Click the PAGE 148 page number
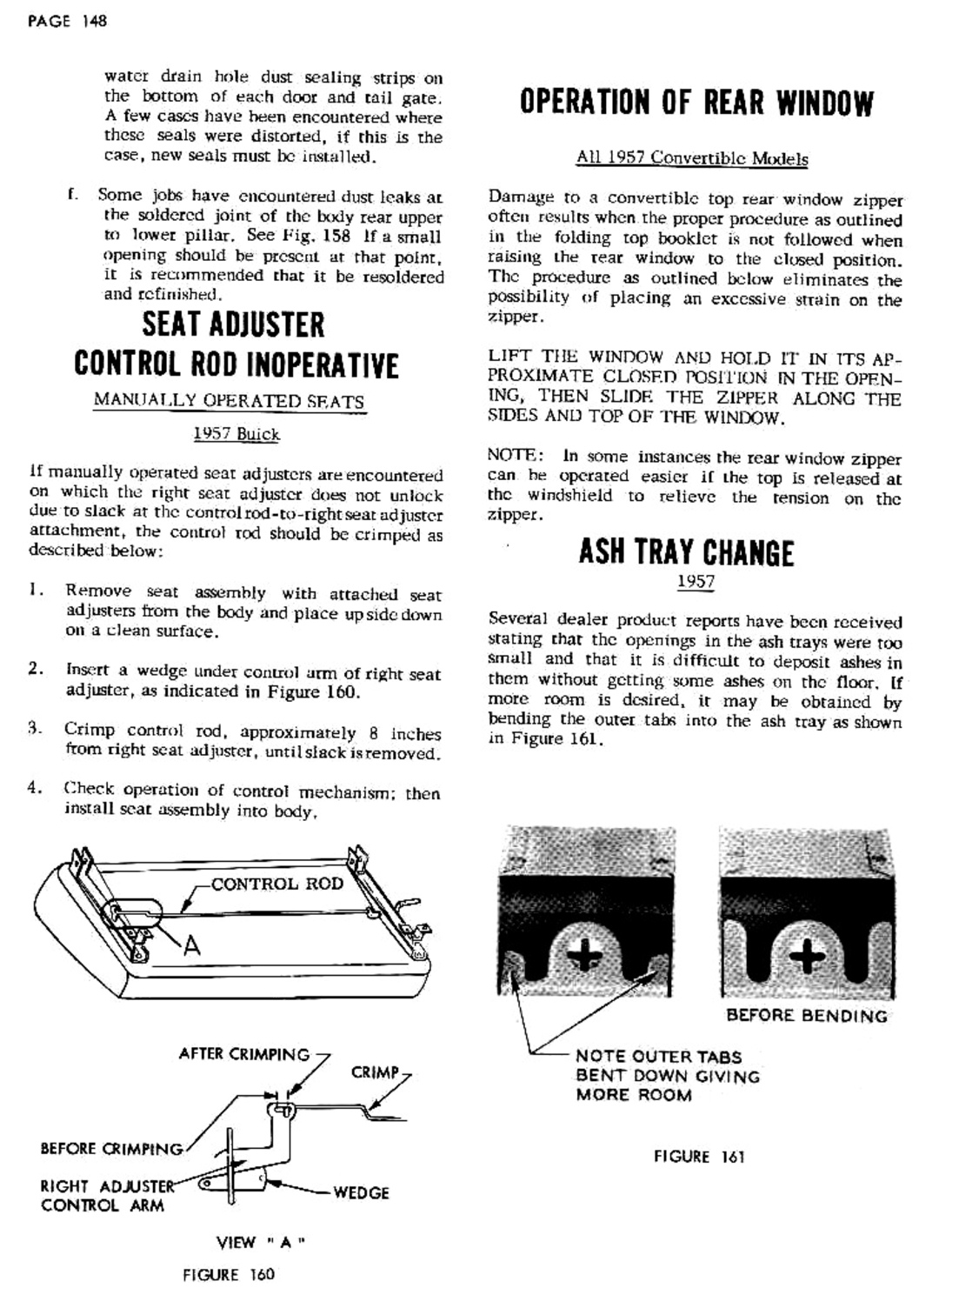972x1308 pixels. (x=67, y=21)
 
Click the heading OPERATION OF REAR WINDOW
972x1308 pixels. (x=696, y=103)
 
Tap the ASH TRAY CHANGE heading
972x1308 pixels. (x=686, y=552)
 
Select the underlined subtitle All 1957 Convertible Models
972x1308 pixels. (x=692, y=158)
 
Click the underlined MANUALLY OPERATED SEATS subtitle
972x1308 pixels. (x=230, y=401)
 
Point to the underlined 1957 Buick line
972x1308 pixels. (x=236, y=433)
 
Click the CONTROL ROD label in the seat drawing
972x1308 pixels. (x=277, y=884)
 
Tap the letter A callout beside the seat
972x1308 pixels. (x=191, y=945)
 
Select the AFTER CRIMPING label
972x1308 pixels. (x=243, y=1054)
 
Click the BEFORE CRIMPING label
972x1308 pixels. (x=111, y=1148)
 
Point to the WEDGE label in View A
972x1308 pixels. (x=361, y=1192)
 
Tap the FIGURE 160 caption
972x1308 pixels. (x=228, y=1275)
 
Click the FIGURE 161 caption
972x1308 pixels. (x=699, y=1157)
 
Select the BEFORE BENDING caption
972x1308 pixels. (x=806, y=1015)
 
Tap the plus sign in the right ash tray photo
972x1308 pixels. (x=808, y=957)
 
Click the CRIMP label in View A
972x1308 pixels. (x=375, y=1072)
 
